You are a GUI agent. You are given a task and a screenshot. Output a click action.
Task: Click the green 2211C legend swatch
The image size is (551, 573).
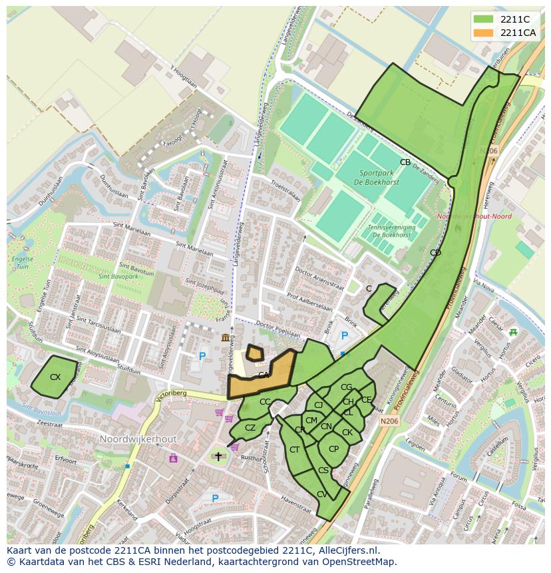pyautogui.click(x=484, y=19)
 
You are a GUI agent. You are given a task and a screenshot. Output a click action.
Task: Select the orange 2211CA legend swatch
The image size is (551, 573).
pyautogui.click(x=484, y=33)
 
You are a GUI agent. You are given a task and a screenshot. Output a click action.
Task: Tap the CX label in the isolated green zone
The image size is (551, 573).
pyautogui.click(x=55, y=377)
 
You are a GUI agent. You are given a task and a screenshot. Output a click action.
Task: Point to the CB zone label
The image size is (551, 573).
pyautogui.click(x=405, y=162)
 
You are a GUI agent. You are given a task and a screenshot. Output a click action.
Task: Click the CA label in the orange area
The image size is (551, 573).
pyautogui.click(x=264, y=375)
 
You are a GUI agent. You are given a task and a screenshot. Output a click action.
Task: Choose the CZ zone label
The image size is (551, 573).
pyautogui.click(x=250, y=428)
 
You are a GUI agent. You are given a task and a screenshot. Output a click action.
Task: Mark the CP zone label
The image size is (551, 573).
pyautogui.click(x=333, y=449)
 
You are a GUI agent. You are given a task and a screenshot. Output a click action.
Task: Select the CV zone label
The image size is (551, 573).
pyautogui.click(x=322, y=494)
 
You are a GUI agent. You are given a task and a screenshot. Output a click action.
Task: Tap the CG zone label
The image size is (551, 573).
pyautogui.click(x=346, y=387)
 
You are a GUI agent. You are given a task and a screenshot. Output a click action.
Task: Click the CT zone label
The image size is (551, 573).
pyautogui.click(x=294, y=450)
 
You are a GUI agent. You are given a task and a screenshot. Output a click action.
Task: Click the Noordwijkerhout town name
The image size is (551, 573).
pyautogui.click(x=138, y=440)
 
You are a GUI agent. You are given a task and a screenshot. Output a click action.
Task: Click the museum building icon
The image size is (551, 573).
pyautogui.click(x=226, y=339)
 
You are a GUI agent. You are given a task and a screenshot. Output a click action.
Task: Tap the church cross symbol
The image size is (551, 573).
pyautogui.click(x=218, y=457)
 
